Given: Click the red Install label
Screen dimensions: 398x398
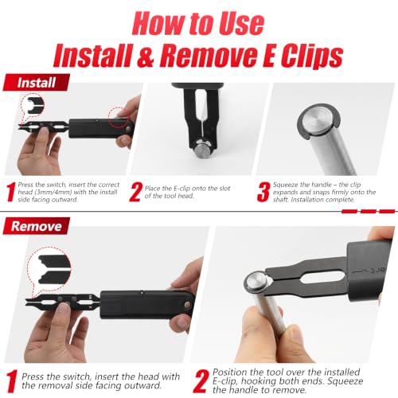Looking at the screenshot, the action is tap(37, 83).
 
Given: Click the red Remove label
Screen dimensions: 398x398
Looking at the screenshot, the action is tap(37, 226).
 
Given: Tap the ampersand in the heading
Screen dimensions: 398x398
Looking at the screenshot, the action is tap(146, 57).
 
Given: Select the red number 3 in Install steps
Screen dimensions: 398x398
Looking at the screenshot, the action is tap(263, 193).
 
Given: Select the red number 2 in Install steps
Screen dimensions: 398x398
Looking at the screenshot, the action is tap(135, 193).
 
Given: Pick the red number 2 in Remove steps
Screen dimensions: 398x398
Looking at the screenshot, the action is tap(201, 381).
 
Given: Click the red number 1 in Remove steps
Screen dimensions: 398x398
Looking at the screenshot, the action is tap(12, 381).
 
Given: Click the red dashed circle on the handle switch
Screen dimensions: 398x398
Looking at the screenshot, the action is tap(119, 117).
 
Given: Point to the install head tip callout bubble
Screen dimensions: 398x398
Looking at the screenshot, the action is tap(33, 106).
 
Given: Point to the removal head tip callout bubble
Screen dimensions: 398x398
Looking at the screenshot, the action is tap(49, 268).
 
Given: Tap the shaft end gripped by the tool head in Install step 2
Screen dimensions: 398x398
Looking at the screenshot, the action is tap(202, 150).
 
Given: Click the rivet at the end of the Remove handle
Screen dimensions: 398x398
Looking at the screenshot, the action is tap(188, 305).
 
